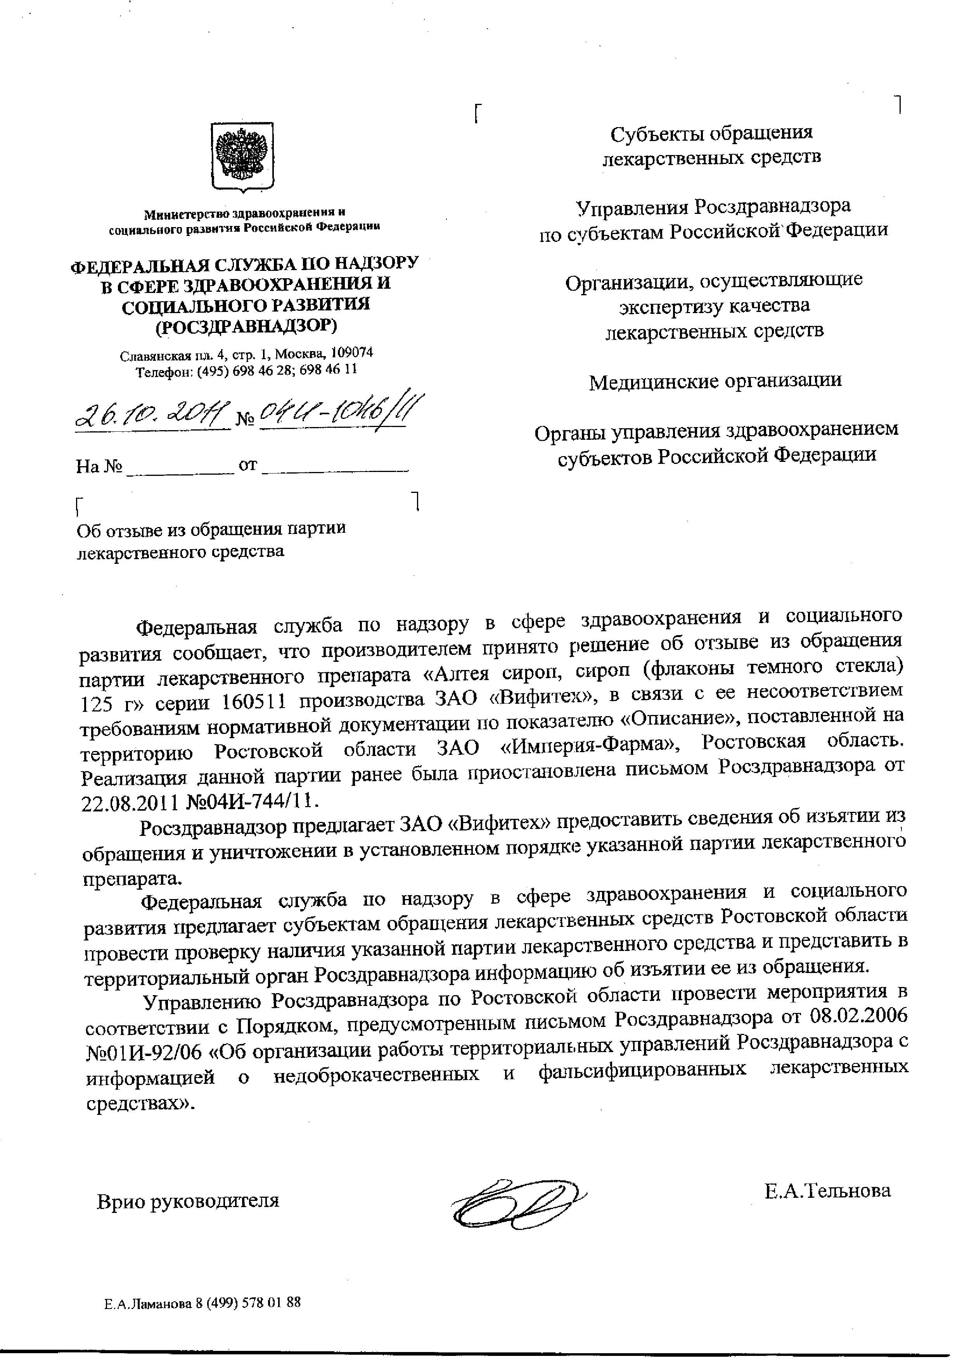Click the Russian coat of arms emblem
click(x=243, y=156)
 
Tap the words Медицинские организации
click(x=715, y=381)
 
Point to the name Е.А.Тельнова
click(x=827, y=1190)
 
